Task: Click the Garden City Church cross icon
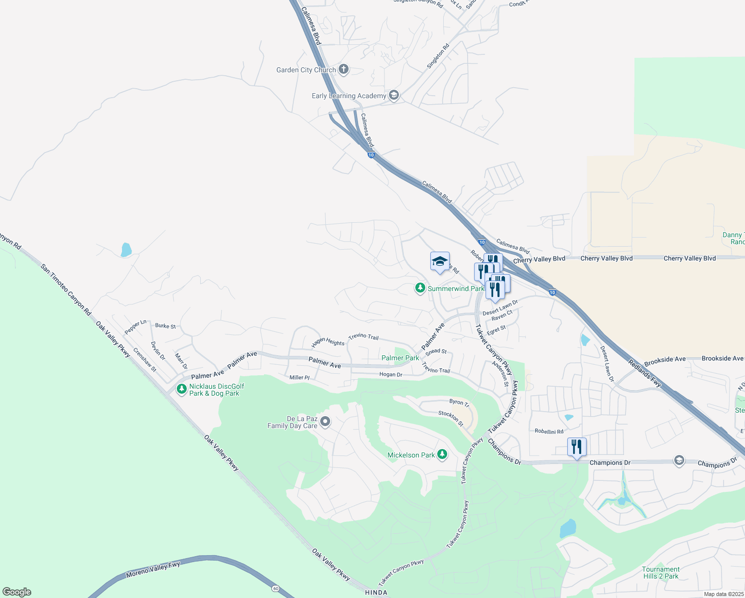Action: click(x=343, y=69)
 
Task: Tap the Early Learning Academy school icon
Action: click(x=394, y=95)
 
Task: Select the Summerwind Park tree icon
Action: click(x=420, y=289)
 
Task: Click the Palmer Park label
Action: click(x=400, y=358)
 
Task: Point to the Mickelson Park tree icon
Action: click(x=442, y=454)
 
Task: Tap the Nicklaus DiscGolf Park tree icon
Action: click(x=182, y=389)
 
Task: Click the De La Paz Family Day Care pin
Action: click(x=325, y=422)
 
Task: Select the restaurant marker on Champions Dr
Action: click(x=577, y=447)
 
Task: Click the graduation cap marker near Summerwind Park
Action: click(x=440, y=262)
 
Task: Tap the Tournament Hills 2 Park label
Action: click(x=660, y=573)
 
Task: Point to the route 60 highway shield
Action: click(x=276, y=589)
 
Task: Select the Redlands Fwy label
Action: click(x=644, y=373)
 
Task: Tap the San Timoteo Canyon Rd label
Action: click(x=66, y=290)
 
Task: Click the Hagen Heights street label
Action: click(x=328, y=342)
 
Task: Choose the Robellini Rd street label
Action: click(x=549, y=432)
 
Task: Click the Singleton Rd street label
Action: click(x=438, y=56)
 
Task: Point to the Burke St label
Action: click(x=165, y=326)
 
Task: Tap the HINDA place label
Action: click(x=376, y=593)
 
